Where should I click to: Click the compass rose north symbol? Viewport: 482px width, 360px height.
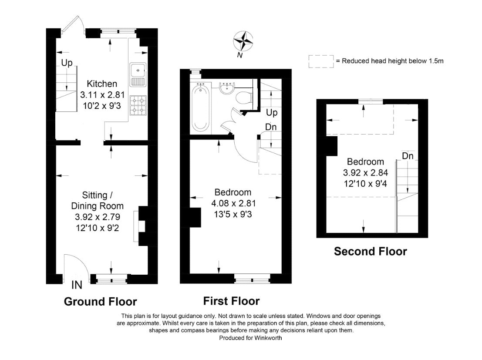[x=243, y=41]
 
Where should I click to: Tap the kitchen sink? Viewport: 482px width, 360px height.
[x=138, y=75]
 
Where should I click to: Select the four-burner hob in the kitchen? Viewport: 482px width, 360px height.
[x=138, y=105]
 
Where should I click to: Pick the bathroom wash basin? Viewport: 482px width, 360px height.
[x=227, y=87]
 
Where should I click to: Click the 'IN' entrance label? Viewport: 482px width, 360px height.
[x=77, y=285]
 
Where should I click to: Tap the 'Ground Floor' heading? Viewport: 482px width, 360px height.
[x=100, y=302]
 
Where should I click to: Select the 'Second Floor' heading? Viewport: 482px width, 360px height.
[x=371, y=251]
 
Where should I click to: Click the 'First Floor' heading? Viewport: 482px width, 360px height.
[x=231, y=301]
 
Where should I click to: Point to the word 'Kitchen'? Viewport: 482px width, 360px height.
[x=102, y=84]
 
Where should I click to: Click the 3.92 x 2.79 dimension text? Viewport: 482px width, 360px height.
[x=98, y=217]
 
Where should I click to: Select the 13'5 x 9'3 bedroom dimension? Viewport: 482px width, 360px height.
[x=233, y=214]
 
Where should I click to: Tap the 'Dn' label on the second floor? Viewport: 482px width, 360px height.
[x=408, y=156]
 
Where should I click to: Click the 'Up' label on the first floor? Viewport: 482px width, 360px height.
[x=272, y=112]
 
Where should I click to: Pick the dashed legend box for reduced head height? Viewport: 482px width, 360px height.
[x=321, y=61]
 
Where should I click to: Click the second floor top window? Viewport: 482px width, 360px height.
[x=371, y=101]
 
